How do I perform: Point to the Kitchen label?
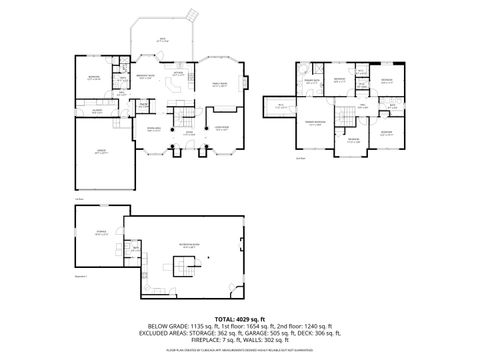click(178, 74)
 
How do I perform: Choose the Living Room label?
click(222, 129)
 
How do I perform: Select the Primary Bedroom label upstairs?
click(315, 124)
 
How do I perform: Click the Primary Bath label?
click(311, 79)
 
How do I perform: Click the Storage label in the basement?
click(100, 233)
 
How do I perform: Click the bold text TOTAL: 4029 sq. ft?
click(240, 318)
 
